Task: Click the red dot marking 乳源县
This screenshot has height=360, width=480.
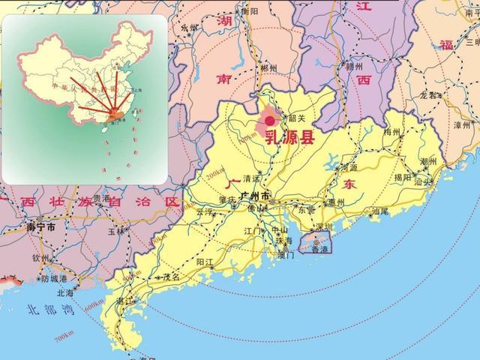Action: pyautogui.click(x=270, y=119)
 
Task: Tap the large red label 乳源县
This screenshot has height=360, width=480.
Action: pyautogui.click(x=292, y=139)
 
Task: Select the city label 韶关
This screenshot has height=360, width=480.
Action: pyautogui.click(x=297, y=118)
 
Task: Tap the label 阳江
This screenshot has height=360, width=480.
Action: pyautogui.click(x=205, y=262)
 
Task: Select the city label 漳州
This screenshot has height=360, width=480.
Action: pyautogui.click(x=460, y=124)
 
